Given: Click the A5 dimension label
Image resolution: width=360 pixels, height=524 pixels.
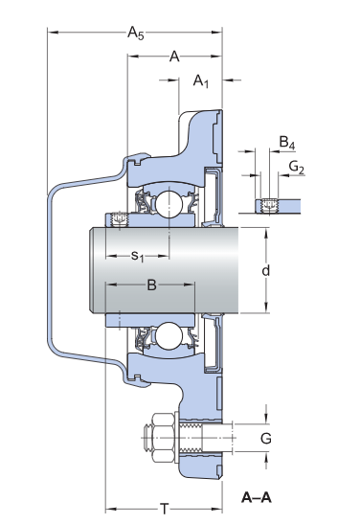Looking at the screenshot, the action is coord(136,34).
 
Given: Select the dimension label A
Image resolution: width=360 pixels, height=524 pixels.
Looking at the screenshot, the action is coord(174,57).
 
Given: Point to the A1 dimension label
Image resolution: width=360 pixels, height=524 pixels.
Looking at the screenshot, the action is coord(201,81).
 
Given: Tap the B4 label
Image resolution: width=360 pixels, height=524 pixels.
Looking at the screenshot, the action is coord(287,143).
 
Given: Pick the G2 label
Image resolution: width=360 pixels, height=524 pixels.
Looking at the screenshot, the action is coord(297,167).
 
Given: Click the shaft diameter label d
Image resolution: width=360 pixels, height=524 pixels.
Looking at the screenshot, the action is coord(265,270).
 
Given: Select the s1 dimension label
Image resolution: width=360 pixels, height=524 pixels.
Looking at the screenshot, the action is coord(137,257).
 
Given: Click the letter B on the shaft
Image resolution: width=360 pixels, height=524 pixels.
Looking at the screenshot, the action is coord(151,285).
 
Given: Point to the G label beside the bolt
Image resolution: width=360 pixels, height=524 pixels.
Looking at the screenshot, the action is coord(266,438).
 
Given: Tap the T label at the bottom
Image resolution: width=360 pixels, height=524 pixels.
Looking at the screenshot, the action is coord(165,509).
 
